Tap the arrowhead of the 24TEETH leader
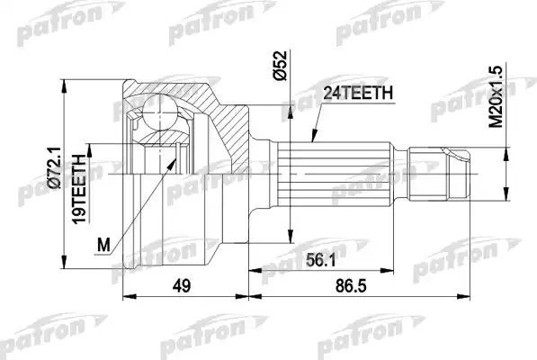(310, 141)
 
